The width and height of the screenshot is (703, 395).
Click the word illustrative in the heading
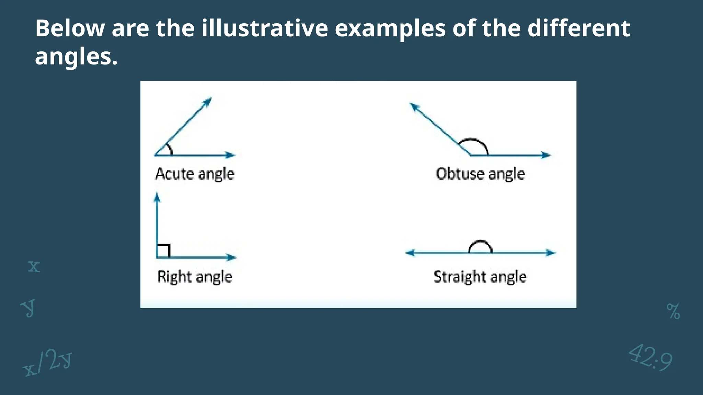point(264,28)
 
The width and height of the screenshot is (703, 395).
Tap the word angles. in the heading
point(76,57)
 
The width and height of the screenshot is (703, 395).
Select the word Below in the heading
point(70,28)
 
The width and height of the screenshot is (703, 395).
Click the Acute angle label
point(195,174)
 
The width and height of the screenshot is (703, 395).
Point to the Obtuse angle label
point(480,174)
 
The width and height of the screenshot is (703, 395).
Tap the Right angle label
point(195,277)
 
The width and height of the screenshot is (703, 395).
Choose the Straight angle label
point(480,277)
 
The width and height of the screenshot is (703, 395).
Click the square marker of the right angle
point(163,251)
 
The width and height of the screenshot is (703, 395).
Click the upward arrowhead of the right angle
point(157,197)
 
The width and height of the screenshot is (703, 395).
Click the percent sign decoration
point(673,311)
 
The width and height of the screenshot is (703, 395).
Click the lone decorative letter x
point(34,267)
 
